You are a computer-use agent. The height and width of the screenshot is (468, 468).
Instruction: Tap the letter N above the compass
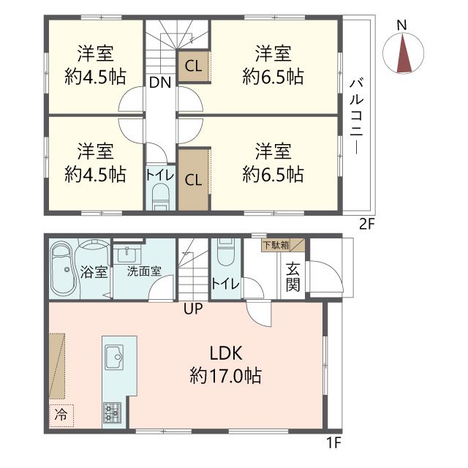pyautogui.click(x=402, y=25)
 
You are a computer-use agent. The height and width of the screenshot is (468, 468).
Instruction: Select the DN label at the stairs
pyautogui.click(x=160, y=83)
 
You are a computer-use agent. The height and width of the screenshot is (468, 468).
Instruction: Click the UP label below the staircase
pyautogui.click(x=193, y=309)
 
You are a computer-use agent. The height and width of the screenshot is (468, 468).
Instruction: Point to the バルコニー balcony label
pyautogui.click(x=356, y=116)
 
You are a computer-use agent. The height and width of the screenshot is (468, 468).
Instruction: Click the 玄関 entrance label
pyautogui.click(x=292, y=277)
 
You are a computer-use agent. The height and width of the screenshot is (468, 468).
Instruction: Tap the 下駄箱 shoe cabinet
pyautogui.click(x=283, y=245)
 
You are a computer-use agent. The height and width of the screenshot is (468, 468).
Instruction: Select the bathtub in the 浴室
pyautogui.click(x=64, y=270)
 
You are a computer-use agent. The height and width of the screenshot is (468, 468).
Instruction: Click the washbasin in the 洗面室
pyautogui.click(x=129, y=255)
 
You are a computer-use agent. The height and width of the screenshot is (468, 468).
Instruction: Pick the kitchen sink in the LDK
pyautogui.click(x=114, y=358)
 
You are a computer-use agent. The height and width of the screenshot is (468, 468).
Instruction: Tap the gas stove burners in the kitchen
pyautogui.click(x=112, y=412)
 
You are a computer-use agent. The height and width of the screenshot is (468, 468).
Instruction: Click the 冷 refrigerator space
pyautogui.click(x=61, y=415)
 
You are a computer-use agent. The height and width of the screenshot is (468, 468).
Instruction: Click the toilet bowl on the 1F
pyautogui.click(x=226, y=252)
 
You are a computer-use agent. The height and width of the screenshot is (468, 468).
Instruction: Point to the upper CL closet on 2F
pyautogui.click(x=193, y=66)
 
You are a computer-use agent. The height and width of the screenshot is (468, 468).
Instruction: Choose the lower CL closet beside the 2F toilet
pyautogui.click(x=193, y=180)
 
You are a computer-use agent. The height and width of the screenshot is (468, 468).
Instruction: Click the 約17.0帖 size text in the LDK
pyautogui.click(x=226, y=375)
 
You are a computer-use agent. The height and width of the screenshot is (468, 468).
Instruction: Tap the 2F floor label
pyautogui.click(x=366, y=224)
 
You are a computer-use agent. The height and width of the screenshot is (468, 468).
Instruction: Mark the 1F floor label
pyautogui.click(x=333, y=442)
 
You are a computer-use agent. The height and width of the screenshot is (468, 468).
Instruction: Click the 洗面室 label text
pyautogui.click(x=144, y=271)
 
